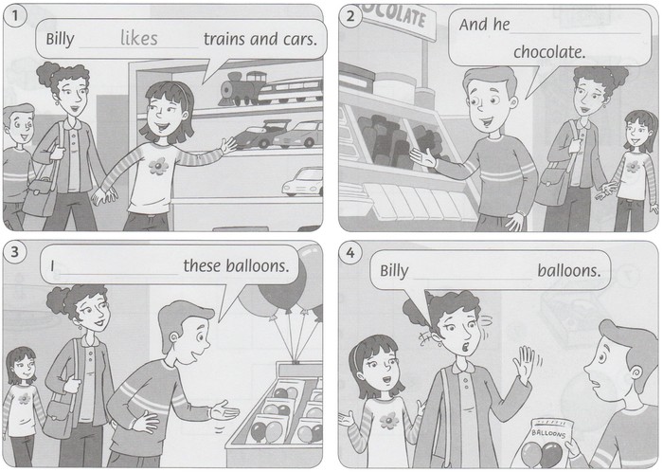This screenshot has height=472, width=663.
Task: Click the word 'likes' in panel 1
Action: [138, 38]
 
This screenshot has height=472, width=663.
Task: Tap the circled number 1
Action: [15, 16]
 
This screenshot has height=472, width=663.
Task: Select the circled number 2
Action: [350, 16]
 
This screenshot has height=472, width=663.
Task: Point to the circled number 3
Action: [15, 252]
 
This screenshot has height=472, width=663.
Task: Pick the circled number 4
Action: [350, 253]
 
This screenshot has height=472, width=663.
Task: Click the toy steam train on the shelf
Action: [242, 89]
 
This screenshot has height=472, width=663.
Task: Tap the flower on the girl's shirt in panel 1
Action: [158, 166]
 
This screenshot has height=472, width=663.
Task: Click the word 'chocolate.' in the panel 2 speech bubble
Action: [549, 52]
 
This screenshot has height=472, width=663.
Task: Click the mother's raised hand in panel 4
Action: [525, 364]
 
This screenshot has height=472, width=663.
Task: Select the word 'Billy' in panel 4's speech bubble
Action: [394, 271]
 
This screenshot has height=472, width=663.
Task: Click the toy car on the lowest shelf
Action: [302, 182]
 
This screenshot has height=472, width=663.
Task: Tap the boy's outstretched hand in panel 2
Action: [422, 156]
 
